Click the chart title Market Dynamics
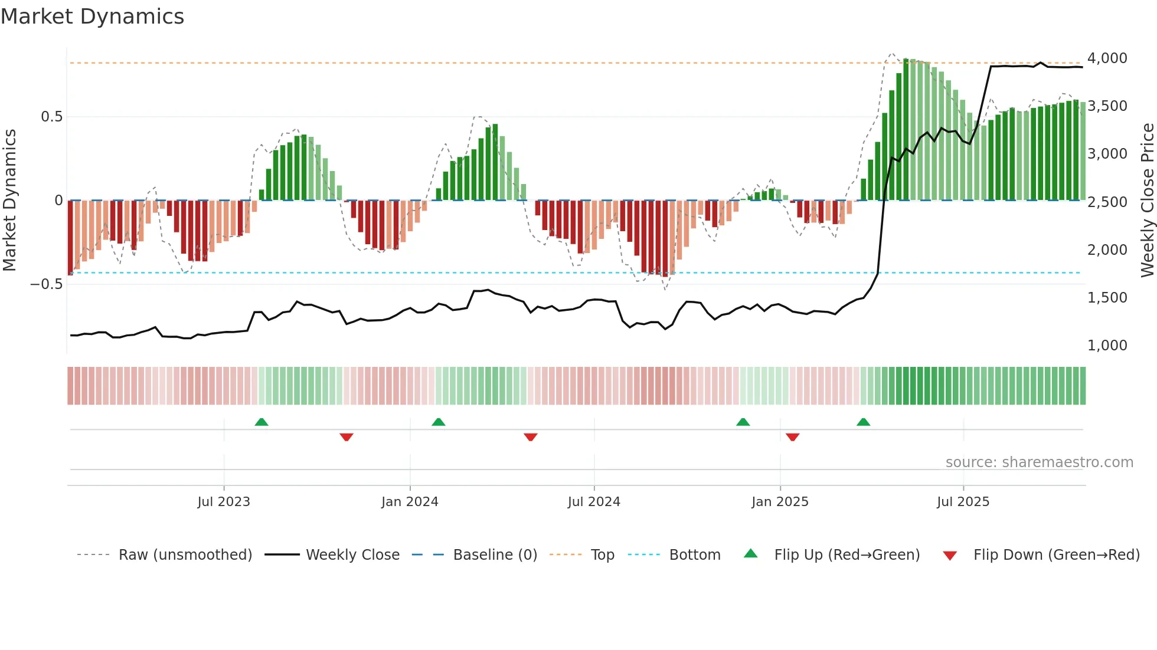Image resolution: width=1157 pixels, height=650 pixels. (x=92, y=17)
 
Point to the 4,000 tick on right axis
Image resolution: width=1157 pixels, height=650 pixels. (x=1107, y=58)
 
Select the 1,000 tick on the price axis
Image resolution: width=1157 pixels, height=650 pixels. (x=1107, y=346)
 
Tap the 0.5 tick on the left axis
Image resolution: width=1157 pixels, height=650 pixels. (x=51, y=117)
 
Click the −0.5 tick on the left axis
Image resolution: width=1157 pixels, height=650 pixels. (x=46, y=284)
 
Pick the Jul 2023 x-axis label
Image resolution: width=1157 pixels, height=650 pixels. (x=224, y=502)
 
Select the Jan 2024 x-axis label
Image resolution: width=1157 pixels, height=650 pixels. (x=410, y=502)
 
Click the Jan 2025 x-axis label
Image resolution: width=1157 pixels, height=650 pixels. (x=780, y=502)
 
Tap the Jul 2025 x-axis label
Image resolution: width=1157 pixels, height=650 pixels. (x=963, y=502)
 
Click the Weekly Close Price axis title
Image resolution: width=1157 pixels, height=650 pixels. (x=1147, y=201)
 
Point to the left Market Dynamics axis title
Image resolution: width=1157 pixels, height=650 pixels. (x=10, y=201)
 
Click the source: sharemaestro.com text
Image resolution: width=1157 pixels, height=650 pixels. (x=1039, y=462)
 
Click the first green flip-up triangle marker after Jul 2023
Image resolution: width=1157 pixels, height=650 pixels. (x=262, y=422)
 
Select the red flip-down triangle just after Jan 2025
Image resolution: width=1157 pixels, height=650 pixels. (x=792, y=437)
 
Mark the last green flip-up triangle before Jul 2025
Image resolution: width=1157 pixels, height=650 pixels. (x=863, y=422)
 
